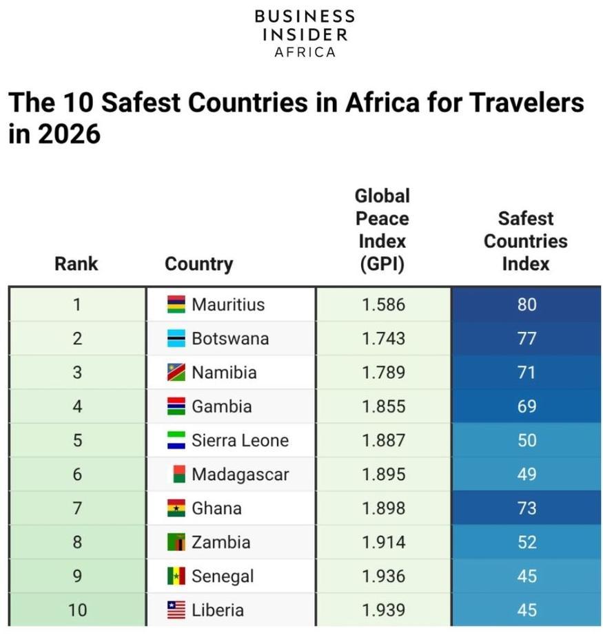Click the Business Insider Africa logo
tap(305, 34)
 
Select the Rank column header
tap(76, 264)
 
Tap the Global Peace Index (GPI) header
tap(382, 231)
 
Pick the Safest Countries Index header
tap(526, 241)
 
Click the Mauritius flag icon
tap(176, 304)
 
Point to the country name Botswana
tap(230, 339)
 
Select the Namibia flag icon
tap(176, 373)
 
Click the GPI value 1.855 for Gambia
tap(384, 406)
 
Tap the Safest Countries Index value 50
tap(527, 440)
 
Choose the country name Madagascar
tap(240, 475)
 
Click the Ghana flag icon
tap(176, 508)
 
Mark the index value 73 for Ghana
tap(527, 508)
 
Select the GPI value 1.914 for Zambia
tap(384, 542)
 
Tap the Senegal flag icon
tap(176, 576)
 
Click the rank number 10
tap(77, 610)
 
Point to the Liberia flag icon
tap(176, 610)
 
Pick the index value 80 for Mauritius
tap(527, 304)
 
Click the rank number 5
tap(77, 440)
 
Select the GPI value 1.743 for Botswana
tap(384, 339)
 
